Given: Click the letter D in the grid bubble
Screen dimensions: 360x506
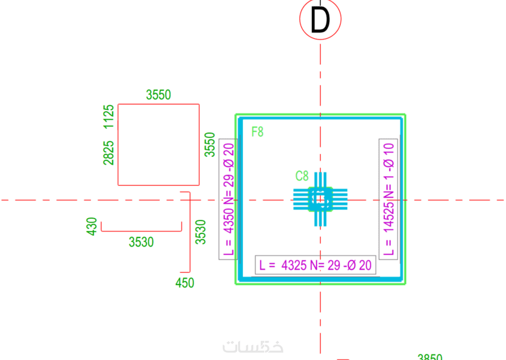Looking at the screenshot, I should coord(320,21).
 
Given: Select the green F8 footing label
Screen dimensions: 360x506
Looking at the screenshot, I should coord(257,132).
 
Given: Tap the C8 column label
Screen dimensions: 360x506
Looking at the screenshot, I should coord(302,176).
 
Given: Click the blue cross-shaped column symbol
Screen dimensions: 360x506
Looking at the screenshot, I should coord(320,200).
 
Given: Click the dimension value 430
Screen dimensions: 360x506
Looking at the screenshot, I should coord(92,226).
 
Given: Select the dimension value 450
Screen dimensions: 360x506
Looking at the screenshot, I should coord(185,283).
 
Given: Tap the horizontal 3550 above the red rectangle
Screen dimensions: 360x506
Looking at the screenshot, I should coord(159,94).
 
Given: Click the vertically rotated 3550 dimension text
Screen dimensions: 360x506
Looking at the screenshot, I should coord(210,144).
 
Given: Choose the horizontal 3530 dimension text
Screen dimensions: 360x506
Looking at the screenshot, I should coord(141,242).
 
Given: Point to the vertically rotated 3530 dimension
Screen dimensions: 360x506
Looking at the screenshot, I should coord(201,232).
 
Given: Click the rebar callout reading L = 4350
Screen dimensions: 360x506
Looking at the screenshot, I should coord(229,200).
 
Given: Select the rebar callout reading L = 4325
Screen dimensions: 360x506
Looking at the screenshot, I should coord(316,266).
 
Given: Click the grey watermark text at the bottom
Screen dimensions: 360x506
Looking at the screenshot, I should coord(253,347).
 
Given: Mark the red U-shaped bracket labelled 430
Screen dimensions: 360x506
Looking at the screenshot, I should coord(141,229).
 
